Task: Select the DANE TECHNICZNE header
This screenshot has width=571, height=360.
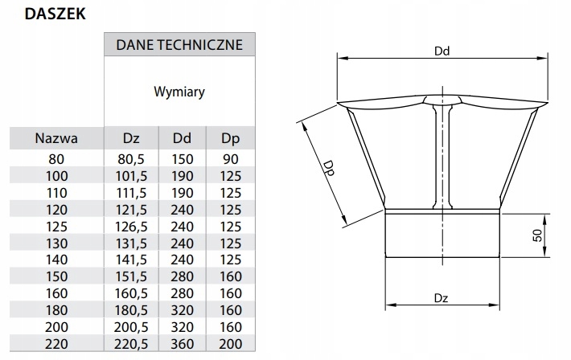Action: pyautogui.click(x=179, y=45)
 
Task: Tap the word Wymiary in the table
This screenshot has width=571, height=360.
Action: pyautogui.click(x=179, y=92)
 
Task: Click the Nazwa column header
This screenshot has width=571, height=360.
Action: pyautogui.click(x=55, y=139)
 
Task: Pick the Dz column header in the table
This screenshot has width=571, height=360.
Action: pyautogui.click(x=132, y=139)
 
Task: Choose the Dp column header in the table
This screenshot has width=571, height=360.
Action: pyautogui.click(x=230, y=139)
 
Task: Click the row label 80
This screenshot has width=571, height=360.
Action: pyautogui.click(x=55, y=159)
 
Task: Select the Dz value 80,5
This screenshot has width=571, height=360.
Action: pyautogui.click(x=132, y=159)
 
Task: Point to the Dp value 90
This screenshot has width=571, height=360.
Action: pyautogui.click(x=230, y=159)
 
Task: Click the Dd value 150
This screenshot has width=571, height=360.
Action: pyautogui.click(x=183, y=159)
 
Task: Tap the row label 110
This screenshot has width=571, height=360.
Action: pyautogui.click(x=55, y=192)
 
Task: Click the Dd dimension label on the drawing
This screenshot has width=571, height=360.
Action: pyautogui.click(x=441, y=50)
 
